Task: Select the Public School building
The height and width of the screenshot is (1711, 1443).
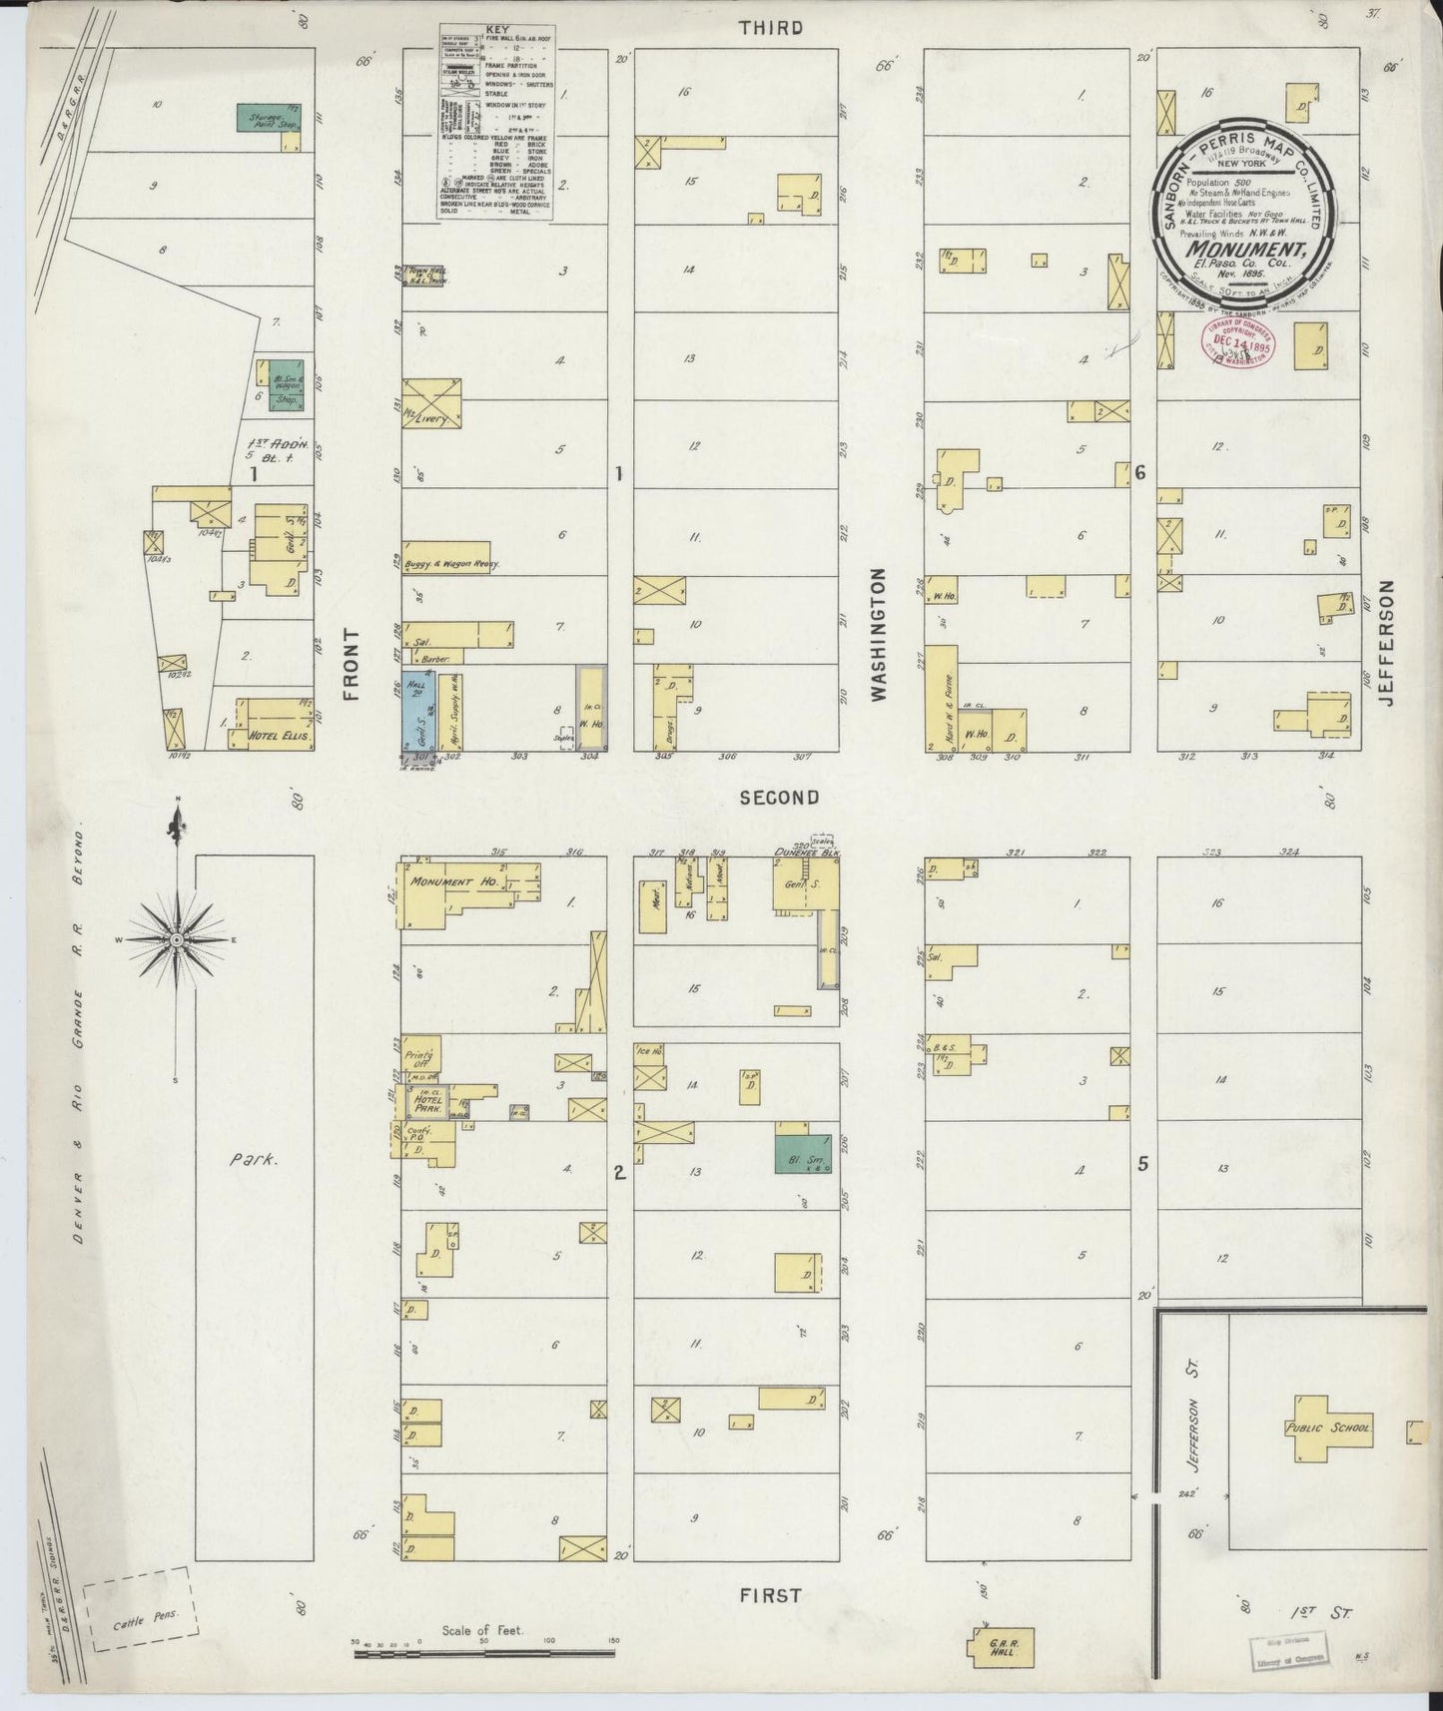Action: click(1329, 1427)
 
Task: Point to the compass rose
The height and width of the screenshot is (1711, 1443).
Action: click(177, 940)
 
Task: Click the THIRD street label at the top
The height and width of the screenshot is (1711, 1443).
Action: click(770, 28)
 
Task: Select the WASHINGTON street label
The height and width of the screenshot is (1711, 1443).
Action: click(878, 635)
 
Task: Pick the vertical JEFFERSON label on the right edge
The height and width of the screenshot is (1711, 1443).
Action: click(1386, 644)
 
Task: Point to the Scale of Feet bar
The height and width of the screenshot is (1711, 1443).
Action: click(486, 1654)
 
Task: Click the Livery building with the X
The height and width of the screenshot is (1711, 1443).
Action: click(431, 404)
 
